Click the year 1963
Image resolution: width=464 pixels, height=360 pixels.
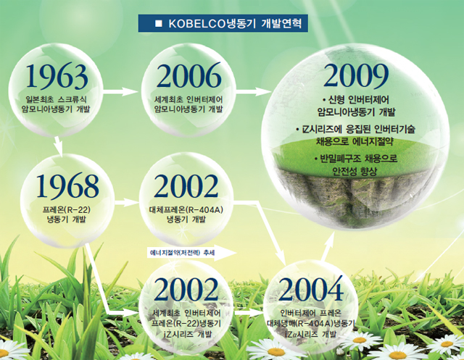click(x=57, y=77)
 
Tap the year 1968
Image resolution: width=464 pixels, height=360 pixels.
click(x=67, y=186)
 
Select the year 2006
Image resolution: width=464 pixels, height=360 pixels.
click(x=188, y=75)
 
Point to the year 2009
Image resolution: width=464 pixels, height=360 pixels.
click(x=356, y=75)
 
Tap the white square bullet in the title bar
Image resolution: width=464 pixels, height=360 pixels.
click(x=159, y=24)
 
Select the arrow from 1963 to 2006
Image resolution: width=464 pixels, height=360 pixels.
click(x=121, y=91)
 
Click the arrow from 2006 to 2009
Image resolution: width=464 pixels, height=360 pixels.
click(x=254, y=91)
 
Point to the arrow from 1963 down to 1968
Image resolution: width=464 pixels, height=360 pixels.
click(x=58, y=146)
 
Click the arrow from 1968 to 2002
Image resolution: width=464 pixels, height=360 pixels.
click(x=127, y=203)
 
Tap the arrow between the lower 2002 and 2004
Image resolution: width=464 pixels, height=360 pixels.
click(x=248, y=313)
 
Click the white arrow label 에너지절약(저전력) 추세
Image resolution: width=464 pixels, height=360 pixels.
click(x=191, y=253)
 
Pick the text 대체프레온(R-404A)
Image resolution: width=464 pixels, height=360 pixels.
click(x=186, y=209)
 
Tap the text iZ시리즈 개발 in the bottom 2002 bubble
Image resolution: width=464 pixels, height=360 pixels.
click(x=186, y=335)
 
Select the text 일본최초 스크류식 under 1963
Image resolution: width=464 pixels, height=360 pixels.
click(x=57, y=99)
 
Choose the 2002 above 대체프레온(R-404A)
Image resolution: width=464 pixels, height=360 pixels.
click(x=186, y=186)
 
